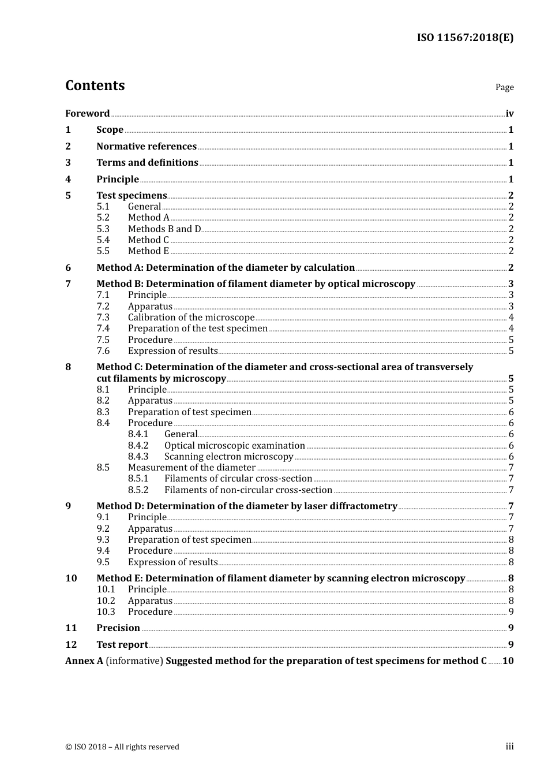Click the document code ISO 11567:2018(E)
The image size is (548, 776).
click(x=465, y=38)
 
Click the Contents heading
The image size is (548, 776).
click(x=95, y=85)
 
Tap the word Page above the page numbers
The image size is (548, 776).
click(x=504, y=87)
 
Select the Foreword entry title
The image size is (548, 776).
click(x=87, y=113)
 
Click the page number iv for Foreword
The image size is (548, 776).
click(x=509, y=114)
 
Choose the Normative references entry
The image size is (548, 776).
click(x=147, y=147)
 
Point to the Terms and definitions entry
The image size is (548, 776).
click(x=147, y=163)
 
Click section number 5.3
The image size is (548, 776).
click(x=103, y=229)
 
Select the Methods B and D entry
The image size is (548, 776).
click(x=164, y=229)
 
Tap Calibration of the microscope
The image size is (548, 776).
click(x=191, y=318)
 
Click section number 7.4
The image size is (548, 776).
click(x=103, y=329)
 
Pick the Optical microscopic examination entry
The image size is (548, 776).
click(x=234, y=446)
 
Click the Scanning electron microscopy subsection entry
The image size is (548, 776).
click(x=228, y=457)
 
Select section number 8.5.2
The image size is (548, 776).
click(x=138, y=490)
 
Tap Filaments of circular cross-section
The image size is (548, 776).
click(x=238, y=479)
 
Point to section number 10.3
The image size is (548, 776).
click(x=106, y=612)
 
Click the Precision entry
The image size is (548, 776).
click(x=118, y=628)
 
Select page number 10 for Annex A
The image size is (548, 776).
click(x=508, y=661)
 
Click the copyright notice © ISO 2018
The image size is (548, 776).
click(x=122, y=747)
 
